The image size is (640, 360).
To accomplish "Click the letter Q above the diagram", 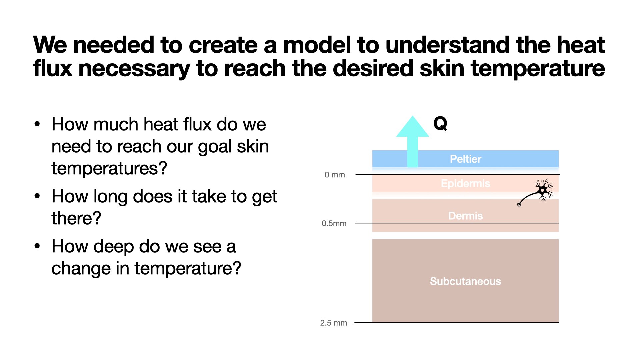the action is [x=440, y=124].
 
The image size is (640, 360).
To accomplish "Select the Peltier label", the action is [x=465, y=159].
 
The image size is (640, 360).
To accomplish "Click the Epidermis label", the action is [x=465, y=183].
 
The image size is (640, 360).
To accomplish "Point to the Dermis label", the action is [x=465, y=216].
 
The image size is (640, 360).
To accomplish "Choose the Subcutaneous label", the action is [x=465, y=281].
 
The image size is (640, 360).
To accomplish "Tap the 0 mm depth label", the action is [x=335, y=175].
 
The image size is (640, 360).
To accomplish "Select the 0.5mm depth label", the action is [x=334, y=223].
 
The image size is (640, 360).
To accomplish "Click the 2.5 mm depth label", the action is [x=334, y=323].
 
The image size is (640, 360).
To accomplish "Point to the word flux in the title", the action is [x=52, y=68].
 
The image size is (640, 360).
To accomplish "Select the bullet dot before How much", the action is [x=37, y=124].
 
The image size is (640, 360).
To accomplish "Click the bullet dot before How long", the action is [x=37, y=196].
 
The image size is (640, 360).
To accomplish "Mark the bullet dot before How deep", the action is [x=37, y=246].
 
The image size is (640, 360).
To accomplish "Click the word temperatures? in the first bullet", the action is [x=109, y=169].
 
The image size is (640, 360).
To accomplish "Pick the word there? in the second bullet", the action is [x=76, y=218].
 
